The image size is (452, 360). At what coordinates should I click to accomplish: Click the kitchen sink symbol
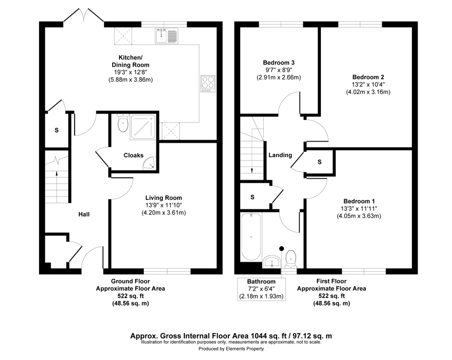tap(167, 36)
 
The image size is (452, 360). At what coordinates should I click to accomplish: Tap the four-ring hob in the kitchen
tap(208, 84)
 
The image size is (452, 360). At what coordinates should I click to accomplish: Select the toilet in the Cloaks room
tap(123, 123)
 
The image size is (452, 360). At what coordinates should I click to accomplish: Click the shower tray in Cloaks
tap(143, 127)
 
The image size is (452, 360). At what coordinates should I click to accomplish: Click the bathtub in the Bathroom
tap(251, 237)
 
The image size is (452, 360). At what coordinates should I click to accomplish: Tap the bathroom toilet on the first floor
tap(291, 259)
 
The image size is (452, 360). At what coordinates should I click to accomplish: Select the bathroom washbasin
tap(272, 262)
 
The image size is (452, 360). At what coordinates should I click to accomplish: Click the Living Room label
tap(163, 198)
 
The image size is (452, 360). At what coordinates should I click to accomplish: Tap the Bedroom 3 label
tap(279, 62)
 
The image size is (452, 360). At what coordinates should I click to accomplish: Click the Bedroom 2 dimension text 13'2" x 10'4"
tap(368, 85)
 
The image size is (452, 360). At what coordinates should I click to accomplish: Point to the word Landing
tap(280, 155)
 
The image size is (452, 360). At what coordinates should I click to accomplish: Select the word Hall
tap(84, 214)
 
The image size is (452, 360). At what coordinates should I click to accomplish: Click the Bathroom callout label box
tap(262, 289)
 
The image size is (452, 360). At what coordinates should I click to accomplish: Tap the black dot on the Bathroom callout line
tap(282, 248)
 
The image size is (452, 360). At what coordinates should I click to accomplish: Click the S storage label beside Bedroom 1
tap(319, 162)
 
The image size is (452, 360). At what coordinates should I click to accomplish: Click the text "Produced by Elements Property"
tap(231, 349)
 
